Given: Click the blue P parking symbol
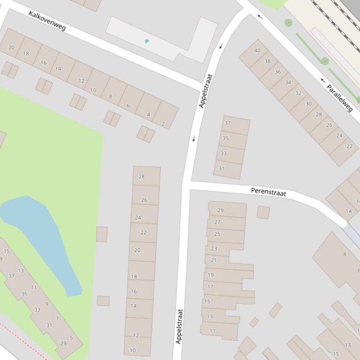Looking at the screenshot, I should [147, 42].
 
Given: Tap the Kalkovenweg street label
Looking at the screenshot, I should [47, 21].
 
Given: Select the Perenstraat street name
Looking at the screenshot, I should [268, 191].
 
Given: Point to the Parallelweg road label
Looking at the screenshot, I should [339, 98].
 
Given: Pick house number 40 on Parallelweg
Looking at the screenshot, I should [257, 50].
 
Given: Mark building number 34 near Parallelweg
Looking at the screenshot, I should [288, 82].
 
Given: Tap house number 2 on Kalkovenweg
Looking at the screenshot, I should [163, 124].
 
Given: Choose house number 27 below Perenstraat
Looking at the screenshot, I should [217, 222].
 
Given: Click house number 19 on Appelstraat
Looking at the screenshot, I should [211, 275].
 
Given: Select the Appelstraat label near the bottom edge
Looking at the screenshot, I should [178, 326].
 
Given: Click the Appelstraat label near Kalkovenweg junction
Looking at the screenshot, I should [206, 91].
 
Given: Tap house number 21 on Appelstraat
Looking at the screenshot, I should [213, 260].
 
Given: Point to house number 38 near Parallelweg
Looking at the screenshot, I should [267, 61].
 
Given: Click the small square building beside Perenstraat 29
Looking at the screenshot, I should [263, 212].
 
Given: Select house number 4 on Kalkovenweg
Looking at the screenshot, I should [148, 115].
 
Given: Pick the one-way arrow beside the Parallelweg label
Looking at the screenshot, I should [323, 80].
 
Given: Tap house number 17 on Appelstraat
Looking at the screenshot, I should [210, 287].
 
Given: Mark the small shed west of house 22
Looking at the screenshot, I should [102, 234].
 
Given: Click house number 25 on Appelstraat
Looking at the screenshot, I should [217, 234].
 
